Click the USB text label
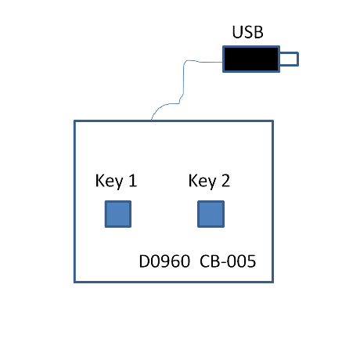[x=247, y=32]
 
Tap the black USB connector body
[x=251, y=59]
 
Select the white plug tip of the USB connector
[x=289, y=59]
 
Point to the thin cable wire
[x=183, y=88]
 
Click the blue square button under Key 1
[x=118, y=214]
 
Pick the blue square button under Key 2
[x=211, y=214]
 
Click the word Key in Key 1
[x=109, y=181]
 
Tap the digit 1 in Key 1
[x=133, y=181]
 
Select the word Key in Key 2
[x=202, y=181]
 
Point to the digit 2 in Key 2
[x=225, y=181]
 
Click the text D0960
[x=164, y=261]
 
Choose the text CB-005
[x=228, y=261]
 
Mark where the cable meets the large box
[x=151, y=121]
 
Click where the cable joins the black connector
[x=223, y=63]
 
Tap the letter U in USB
[x=237, y=32]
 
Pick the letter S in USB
[x=248, y=32]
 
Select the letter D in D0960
[x=145, y=261]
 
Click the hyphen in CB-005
[x=223, y=263]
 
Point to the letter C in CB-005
[x=205, y=261]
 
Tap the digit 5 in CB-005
[x=251, y=261]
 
